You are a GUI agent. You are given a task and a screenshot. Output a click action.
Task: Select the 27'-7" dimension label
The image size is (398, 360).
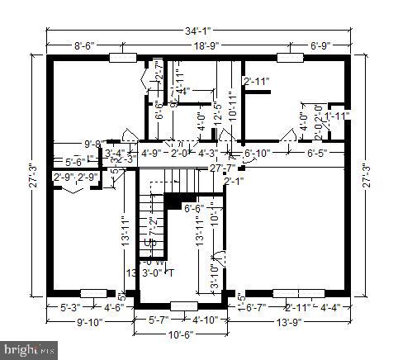tap(222, 168)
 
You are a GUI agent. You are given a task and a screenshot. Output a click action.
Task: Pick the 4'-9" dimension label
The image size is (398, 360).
tap(152, 153)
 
